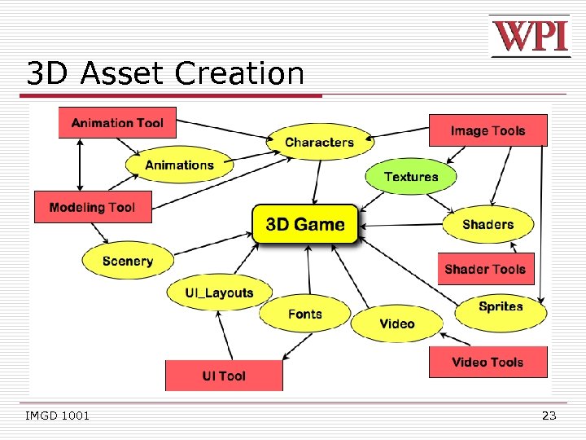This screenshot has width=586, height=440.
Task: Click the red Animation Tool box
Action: tap(117, 123)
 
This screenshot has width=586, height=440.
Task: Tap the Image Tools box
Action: tap(488, 130)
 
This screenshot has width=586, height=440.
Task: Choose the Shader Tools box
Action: tap(485, 269)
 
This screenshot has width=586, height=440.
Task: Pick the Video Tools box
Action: tap(488, 362)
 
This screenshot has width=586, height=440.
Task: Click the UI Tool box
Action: tap(224, 376)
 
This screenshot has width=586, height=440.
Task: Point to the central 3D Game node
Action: tap(305, 224)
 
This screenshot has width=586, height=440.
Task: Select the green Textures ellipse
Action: tap(411, 177)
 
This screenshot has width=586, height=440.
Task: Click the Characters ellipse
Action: tap(319, 143)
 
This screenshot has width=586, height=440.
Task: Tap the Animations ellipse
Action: tap(179, 165)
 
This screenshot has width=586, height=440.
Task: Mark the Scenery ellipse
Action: tap(128, 261)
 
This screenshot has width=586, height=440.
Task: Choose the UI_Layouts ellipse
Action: tap(220, 293)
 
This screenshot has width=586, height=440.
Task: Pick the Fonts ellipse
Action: tap(305, 314)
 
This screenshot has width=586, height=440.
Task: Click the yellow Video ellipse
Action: tap(397, 323)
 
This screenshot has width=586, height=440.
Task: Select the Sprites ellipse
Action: tap(501, 306)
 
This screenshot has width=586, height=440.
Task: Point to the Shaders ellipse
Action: tap(488, 224)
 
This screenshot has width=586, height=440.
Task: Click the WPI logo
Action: tap(530, 37)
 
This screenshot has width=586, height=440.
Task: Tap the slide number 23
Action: tap(549, 416)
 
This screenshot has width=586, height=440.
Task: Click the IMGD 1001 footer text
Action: tap(58, 416)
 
